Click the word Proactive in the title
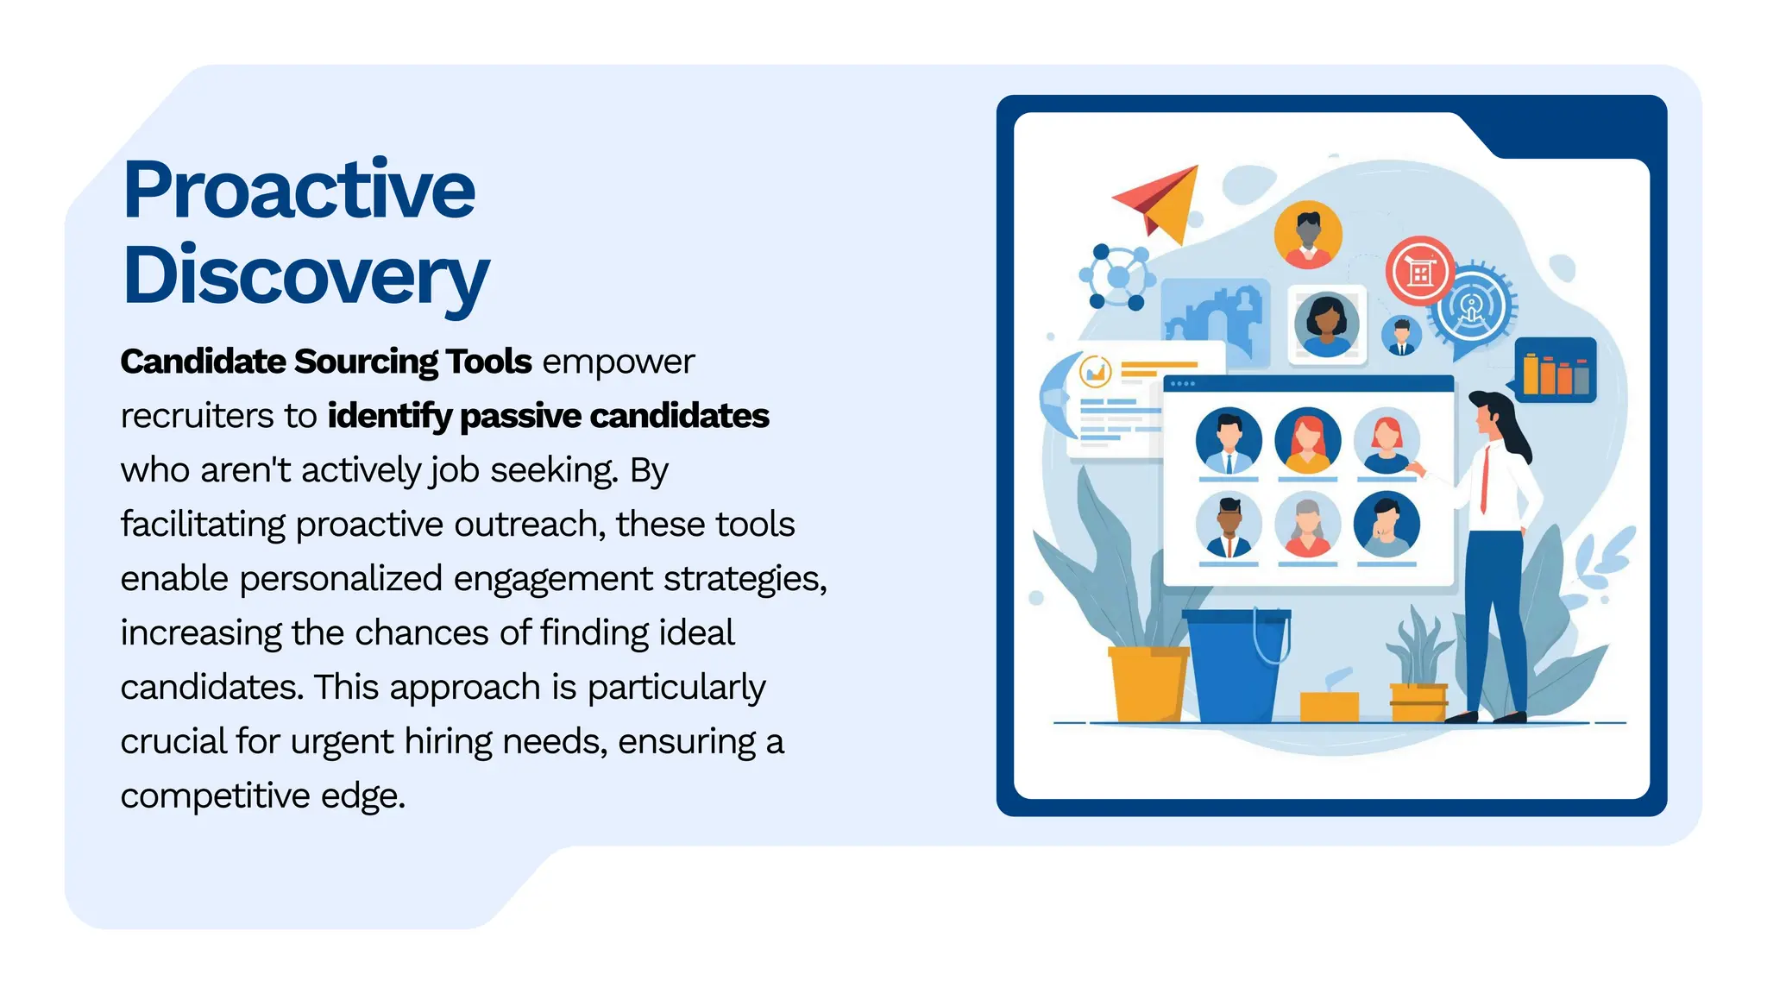pos(299,190)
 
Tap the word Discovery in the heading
pos(305,276)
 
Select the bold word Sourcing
pos(360,362)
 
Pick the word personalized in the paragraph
pos(341,579)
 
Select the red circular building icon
pos(1419,271)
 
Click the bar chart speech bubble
pos(1555,371)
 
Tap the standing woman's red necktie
pos(1485,480)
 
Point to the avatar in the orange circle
pos(1308,235)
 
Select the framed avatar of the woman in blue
pos(1326,324)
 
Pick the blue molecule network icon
pos(1117,277)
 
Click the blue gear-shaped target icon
pos(1472,306)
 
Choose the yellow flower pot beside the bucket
pos(1147,683)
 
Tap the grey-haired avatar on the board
pos(1308,525)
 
